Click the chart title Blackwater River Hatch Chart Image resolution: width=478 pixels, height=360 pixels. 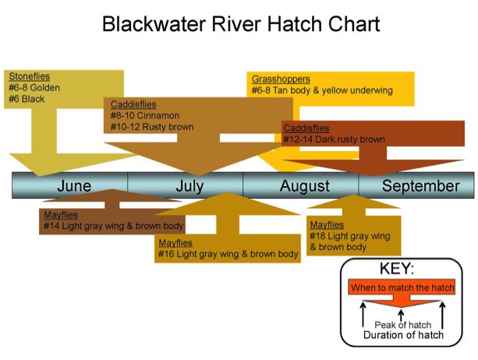241,24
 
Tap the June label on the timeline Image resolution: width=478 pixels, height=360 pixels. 74,185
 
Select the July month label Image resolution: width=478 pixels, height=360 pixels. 189,186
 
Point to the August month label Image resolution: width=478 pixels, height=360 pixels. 305,186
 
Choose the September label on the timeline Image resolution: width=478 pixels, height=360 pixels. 421,186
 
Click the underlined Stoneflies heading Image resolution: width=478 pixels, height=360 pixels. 30,76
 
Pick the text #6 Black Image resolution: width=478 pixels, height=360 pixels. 27,99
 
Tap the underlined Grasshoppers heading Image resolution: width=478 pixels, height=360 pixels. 281,79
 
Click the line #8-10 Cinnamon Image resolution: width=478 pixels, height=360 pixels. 145,116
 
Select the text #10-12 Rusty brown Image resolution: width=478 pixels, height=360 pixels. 152,127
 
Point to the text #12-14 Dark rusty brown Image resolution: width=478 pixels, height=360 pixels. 334,139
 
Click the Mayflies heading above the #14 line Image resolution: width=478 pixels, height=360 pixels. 61,215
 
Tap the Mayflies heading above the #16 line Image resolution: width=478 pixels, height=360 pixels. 175,243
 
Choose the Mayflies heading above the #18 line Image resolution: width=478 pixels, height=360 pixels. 327,224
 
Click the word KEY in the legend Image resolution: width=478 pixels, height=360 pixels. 397,269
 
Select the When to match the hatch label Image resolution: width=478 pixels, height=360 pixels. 402,288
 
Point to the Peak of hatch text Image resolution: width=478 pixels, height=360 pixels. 402,325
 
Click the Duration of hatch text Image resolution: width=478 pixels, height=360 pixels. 403,335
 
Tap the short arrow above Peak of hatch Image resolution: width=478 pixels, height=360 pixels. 402,315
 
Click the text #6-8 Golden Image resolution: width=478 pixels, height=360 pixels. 34,88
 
